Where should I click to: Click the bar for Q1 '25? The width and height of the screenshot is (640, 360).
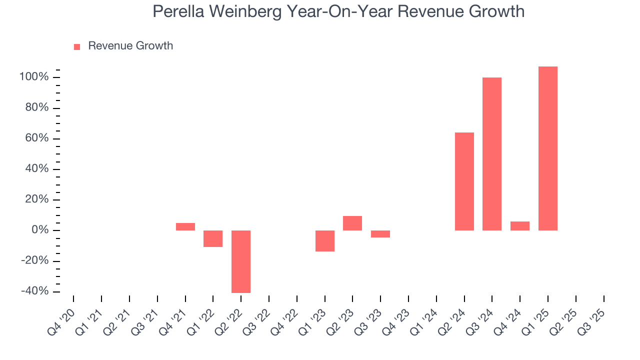[547, 148]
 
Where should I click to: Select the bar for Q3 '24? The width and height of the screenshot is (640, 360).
[491, 154]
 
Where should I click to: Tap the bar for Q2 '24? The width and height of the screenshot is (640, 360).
[464, 181]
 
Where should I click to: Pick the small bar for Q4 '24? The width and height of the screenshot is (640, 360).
[519, 226]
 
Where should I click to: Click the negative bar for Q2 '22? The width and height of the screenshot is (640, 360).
[241, 261]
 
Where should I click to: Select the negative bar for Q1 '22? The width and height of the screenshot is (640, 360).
[213, 238]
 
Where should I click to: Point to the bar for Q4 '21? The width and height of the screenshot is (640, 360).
[185, 226]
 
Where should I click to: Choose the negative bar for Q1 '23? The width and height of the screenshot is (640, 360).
[324, 241]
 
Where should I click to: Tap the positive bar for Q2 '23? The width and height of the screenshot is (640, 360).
[352, 223]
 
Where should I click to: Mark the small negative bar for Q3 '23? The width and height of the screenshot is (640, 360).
[380, 234]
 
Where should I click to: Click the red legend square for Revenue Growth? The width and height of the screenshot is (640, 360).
[77, 46]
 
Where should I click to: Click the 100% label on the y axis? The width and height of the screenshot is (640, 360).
[34, 77]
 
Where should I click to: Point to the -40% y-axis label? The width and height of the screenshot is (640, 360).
[34, 291]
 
